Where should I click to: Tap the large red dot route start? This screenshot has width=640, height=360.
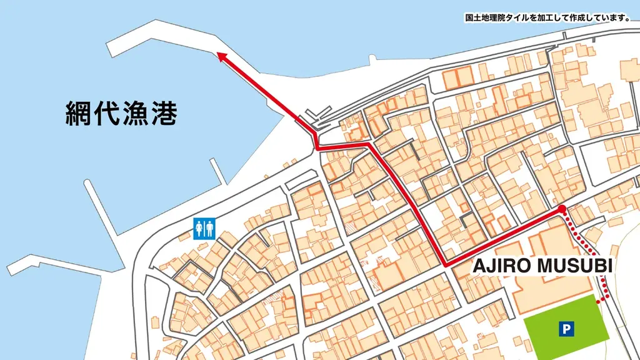tap(561, 209)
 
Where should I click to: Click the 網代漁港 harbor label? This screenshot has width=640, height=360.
tap(121, 114)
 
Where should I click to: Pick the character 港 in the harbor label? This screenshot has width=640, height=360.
tap(164, 114)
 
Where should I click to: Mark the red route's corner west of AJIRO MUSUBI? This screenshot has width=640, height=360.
tap(446, 265)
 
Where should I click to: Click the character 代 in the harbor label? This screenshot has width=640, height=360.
tap(107, 114)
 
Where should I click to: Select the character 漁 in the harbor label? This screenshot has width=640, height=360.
tap(135, 114)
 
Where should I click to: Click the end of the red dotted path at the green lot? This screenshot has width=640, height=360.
tap(598, 302)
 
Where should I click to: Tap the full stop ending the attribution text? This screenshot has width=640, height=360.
tap(627, 19)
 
